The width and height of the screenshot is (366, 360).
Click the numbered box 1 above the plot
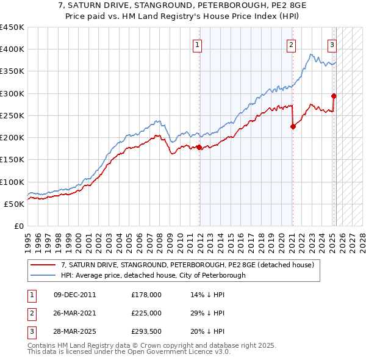(199, 44)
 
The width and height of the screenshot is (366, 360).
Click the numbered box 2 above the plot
(292, 44)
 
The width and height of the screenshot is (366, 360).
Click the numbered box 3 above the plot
(332, 44)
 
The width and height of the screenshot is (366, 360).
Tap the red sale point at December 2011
(199, 147)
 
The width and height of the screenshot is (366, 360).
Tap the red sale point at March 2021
(293, 126)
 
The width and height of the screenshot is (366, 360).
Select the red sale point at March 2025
(334, 96)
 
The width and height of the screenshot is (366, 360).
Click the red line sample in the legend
(43, 265)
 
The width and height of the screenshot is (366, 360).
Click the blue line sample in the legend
(43, 276)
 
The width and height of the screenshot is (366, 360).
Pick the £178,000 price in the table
(146, 295)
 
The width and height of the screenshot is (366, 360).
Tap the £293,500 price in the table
(146, 332)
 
